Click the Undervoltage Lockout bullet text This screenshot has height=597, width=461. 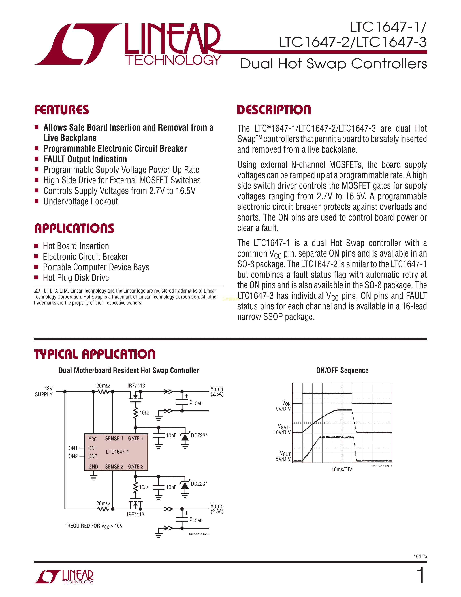coord(81,202)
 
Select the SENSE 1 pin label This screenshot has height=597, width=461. coord(114,439)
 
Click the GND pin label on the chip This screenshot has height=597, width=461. coord(93,467)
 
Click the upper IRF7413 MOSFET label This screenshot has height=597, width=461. coord(136,385)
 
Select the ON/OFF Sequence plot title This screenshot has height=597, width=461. coord(342,371)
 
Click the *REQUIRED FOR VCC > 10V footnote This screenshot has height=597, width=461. coord(94,526)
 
